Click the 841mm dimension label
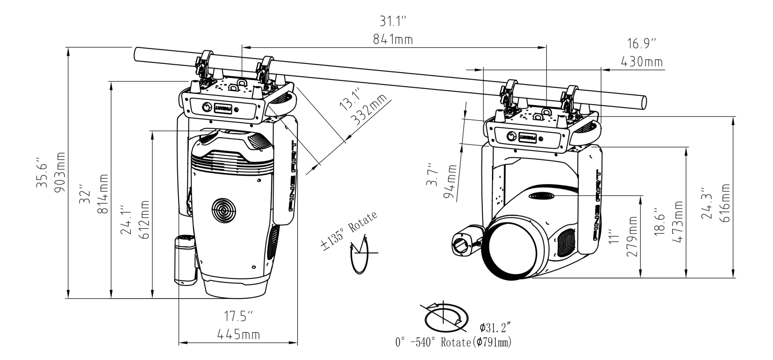point(393,39)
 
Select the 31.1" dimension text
point(393,21)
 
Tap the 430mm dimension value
point(642,61)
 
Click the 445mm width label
point(238,334)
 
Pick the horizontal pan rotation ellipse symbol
point(446,319)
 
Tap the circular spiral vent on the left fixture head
point(224,211)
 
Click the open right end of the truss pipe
point(642,102)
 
